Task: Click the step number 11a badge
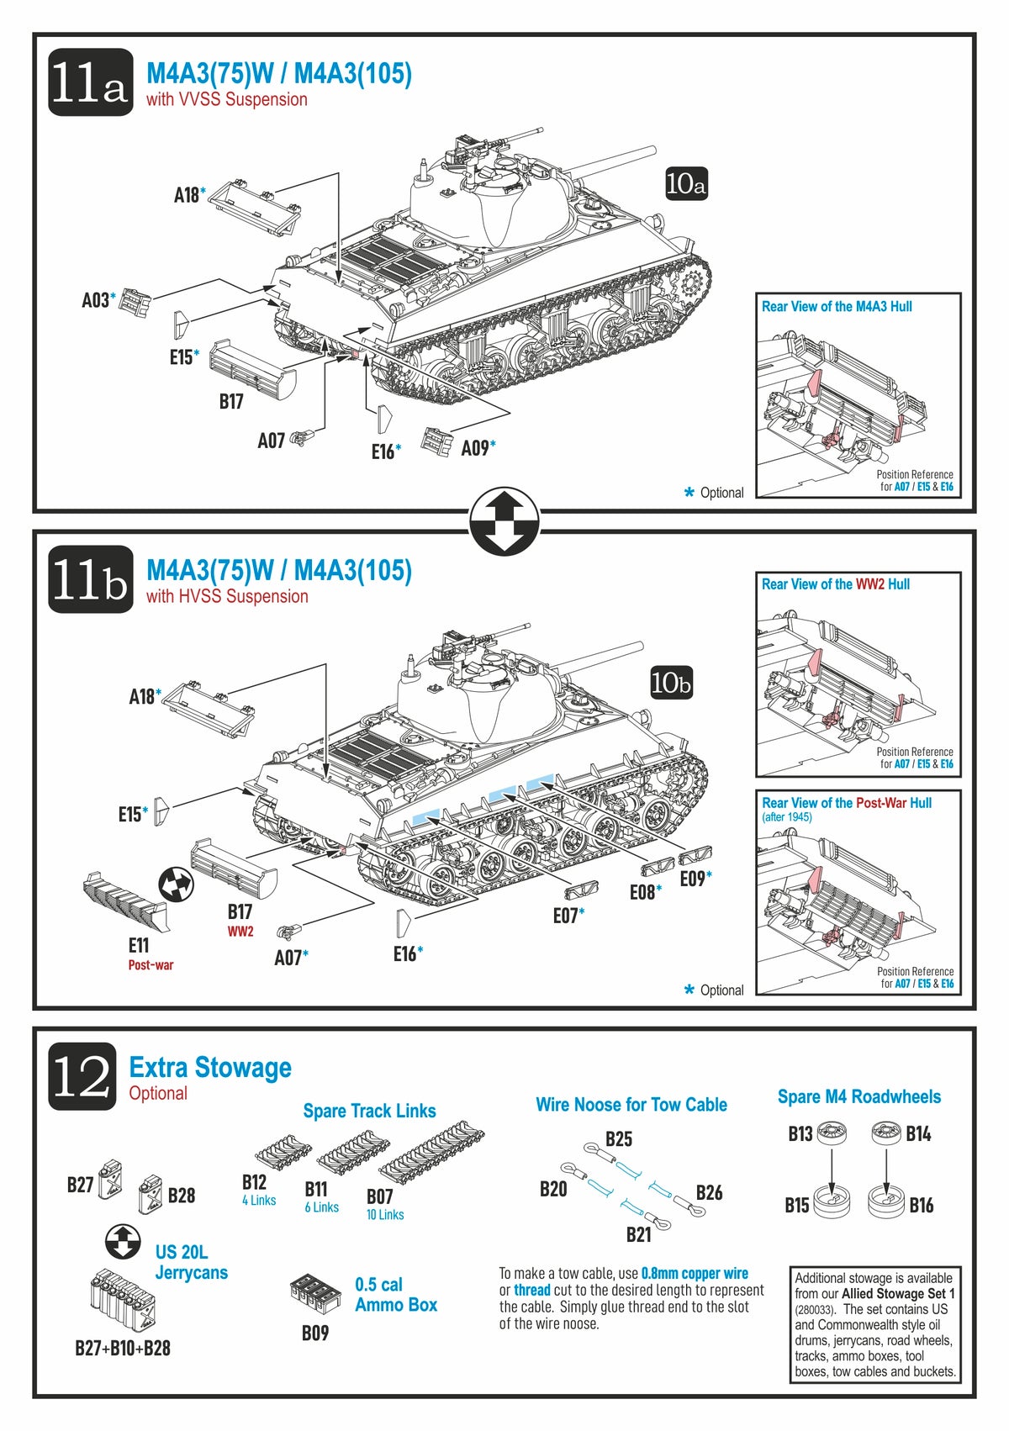[90, 82]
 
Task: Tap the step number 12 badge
[82, 1076]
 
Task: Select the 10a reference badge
[685, 184]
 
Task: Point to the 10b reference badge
[671, 683]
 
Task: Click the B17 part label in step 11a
[231, 402]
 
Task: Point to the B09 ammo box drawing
[315, 1292]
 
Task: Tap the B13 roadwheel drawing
[832, 1133]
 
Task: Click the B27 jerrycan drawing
[111, 1178]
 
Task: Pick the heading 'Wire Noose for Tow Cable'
[631, 1105]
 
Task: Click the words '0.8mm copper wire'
[695, 1273]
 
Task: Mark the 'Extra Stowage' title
[210, 1068]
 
